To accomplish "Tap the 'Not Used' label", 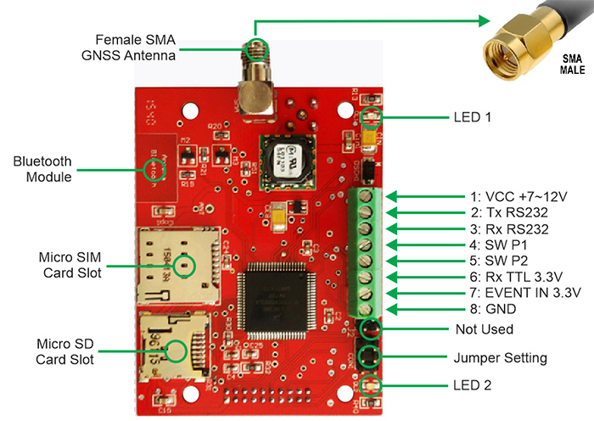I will coord(483,328).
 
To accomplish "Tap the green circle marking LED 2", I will coord(369,386).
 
